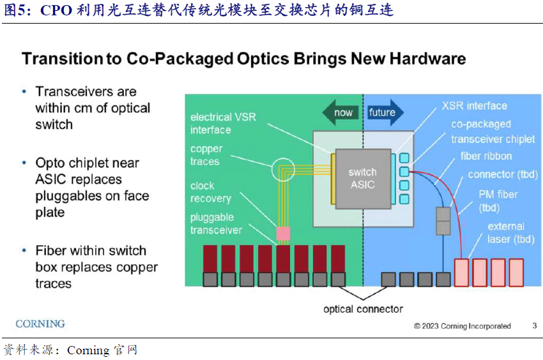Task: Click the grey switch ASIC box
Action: click(x=362, y=179)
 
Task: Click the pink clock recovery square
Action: click(x=282, y=233)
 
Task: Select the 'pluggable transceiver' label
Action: click(x=217, y=223)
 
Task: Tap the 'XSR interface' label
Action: click(x=474, y=106)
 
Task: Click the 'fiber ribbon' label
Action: click(x=486, y=156)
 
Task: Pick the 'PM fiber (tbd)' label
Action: click(x=498, y=200)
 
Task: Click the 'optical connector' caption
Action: click(x=363, y=309)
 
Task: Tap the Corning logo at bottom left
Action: click(x=40, y=324)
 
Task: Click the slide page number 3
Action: click(x=534, y=326)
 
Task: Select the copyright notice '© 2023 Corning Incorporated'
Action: click(x=463, y=326)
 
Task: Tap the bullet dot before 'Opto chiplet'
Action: click(x=24, y=163)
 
